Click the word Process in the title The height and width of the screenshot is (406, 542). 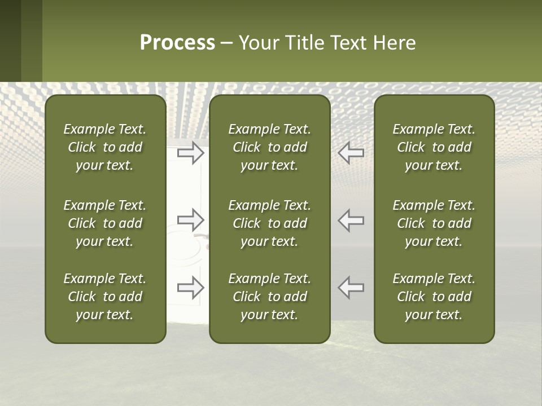[x=177, y=43]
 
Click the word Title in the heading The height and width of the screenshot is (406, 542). [x=304, y=43]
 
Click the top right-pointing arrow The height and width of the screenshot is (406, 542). [x=191, y=153]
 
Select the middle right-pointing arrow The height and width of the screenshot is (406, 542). [x=191, y=220]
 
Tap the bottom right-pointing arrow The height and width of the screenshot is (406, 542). [x=191, y=288]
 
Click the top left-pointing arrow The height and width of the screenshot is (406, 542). [x=351, y=153]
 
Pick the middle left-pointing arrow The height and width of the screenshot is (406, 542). [x=351, y=220]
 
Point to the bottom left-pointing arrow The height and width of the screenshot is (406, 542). [x=351, y=288]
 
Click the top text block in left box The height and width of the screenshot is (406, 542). [x=105, y=147]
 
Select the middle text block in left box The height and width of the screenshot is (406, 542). [x=105, y=223]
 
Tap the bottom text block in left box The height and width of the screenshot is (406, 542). [x=105, y=297]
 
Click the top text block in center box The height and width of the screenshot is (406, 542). [x=269, y=147]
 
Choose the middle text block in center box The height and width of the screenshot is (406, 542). [x=269, y=223]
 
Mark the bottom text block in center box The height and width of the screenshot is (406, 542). [x=269, y=297]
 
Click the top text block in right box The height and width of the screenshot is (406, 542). [x=434, y=147]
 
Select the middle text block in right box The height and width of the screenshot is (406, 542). [x=434, y=223]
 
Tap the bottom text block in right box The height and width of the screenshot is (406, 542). [x=434, y=297]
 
